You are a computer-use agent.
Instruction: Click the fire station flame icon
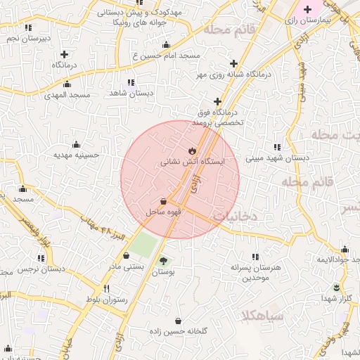191,150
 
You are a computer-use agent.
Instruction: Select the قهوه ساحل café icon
163,200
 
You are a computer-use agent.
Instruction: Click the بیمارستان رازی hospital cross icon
307,9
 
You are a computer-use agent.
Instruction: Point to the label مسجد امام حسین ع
167,55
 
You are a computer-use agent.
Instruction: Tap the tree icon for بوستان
164,259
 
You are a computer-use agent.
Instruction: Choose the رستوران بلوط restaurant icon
107,288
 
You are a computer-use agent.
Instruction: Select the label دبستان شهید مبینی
277,158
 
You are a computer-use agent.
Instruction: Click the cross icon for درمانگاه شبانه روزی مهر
233,63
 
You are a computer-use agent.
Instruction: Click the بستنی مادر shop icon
126,256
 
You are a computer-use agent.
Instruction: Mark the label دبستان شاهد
131,94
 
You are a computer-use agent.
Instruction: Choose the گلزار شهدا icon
336,288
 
